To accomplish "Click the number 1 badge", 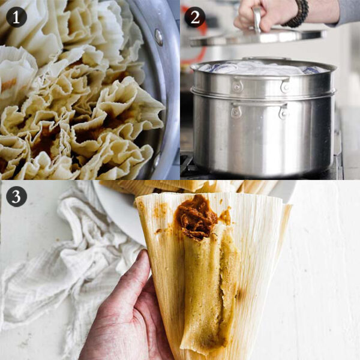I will (x=16, y=16).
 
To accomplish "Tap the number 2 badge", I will (x=194, y=16).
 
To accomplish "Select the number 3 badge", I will (x=16, y=196).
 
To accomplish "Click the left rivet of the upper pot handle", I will (x=238, y=86).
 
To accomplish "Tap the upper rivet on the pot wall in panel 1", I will (x=159, y=37).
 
